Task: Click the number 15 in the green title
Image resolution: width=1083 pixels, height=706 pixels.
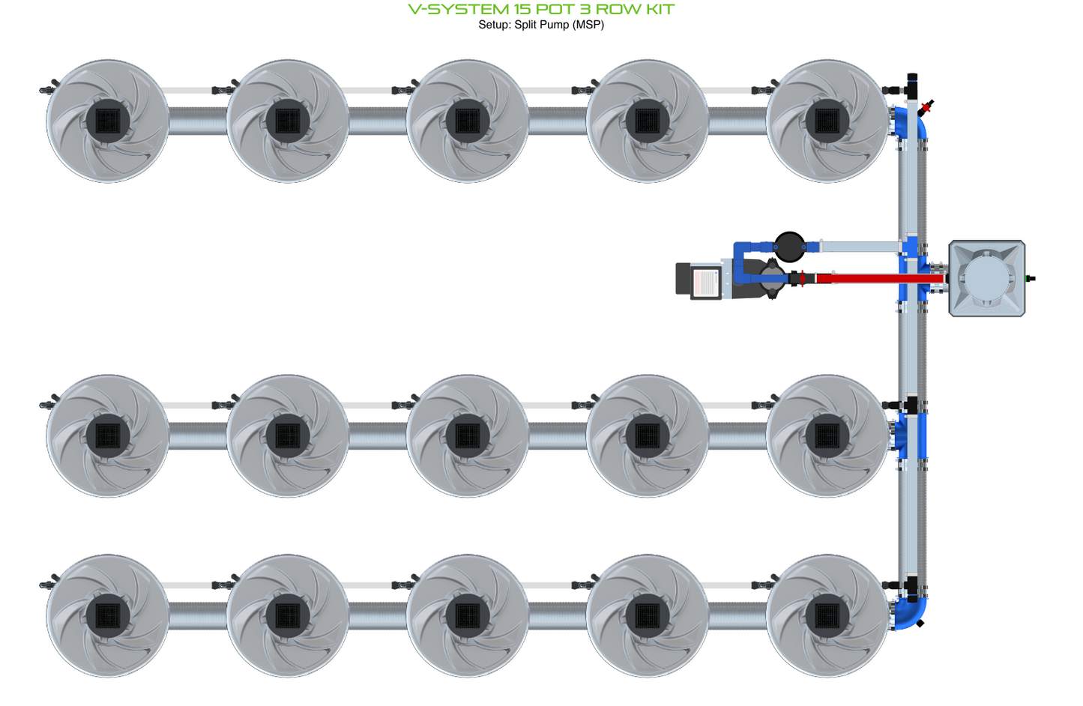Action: (521, 10)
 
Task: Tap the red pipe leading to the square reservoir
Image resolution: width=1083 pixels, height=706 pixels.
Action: (877, 278)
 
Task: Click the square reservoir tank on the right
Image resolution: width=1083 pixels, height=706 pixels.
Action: (986, 278)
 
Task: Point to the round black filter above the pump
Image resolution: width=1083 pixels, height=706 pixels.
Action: (788, 246)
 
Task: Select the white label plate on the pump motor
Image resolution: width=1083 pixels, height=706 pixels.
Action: (705, 283)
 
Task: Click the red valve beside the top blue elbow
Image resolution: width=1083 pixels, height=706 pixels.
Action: (926, 107)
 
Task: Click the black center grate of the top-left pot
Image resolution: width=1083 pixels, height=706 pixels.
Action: (108, 121)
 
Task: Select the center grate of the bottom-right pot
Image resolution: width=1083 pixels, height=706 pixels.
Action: (827, 615)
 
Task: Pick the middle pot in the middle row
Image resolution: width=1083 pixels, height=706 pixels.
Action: (467, 435)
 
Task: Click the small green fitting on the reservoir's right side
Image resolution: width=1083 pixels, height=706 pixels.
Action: (1031, 279)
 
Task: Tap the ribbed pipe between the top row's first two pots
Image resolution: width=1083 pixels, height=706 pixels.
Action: (198, 121)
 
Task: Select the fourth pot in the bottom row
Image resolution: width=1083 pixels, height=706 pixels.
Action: (647, 615)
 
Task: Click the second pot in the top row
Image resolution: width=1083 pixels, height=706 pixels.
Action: (287, 121)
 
